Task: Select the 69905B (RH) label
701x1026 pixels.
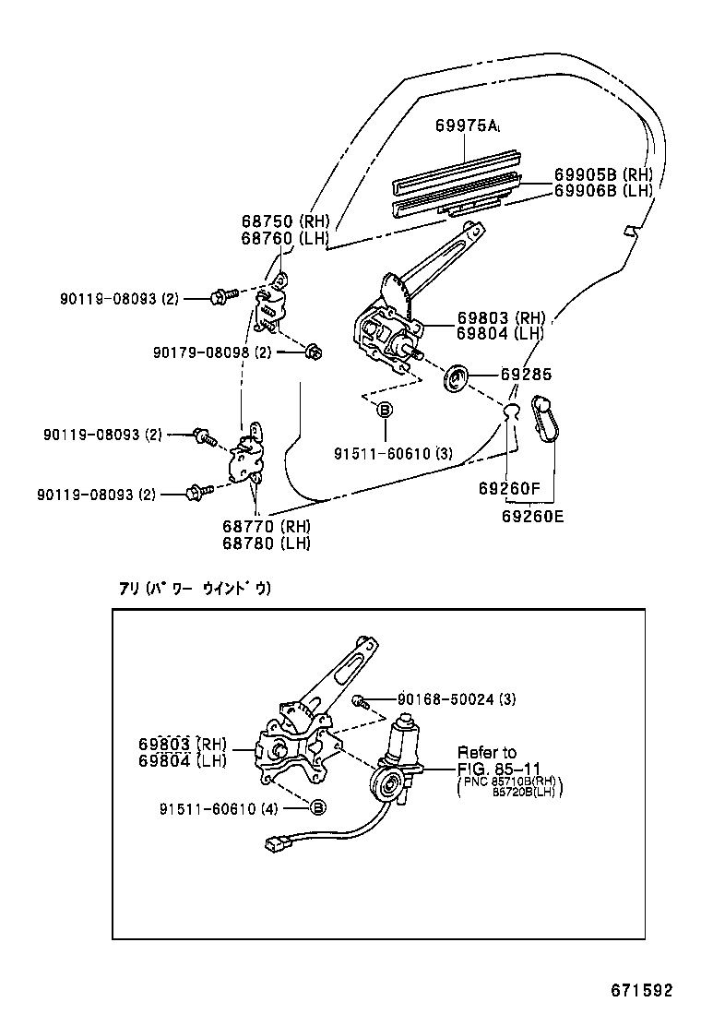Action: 603,174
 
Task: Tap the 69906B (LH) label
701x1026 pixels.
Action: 603,191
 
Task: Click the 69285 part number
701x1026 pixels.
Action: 526,376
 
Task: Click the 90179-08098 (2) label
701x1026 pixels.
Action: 211,352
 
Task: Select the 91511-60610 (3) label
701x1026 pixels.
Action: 393,452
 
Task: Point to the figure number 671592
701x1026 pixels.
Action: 640,990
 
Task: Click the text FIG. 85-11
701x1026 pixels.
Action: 500,769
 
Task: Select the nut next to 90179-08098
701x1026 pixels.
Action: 312,352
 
